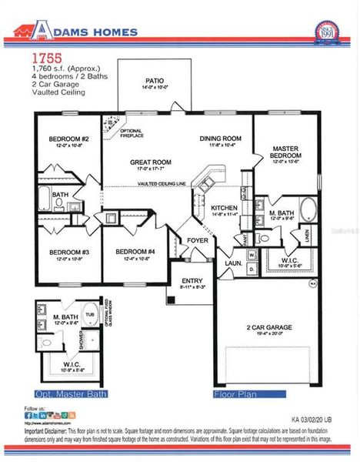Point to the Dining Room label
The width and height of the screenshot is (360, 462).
(x=221, y=139)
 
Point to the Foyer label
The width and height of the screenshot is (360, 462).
(x=198, y=240)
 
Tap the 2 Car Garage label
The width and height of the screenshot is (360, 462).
(x=268, y=327)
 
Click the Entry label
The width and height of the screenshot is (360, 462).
(x=192, y=281)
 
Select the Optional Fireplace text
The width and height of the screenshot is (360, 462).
(x=133, y=132)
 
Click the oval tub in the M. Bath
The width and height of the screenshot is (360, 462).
(x=308, y=209)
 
